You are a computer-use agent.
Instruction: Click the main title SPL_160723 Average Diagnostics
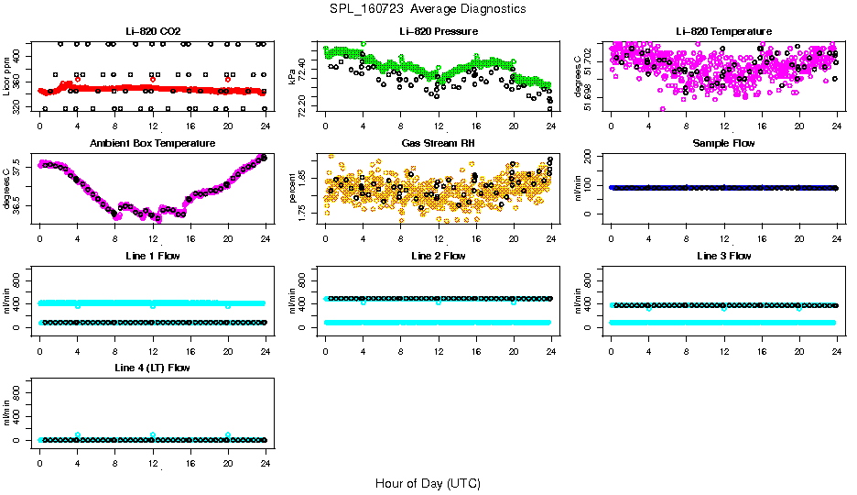click(x=428, y=8)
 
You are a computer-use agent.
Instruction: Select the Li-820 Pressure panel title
click(x=438, y=32)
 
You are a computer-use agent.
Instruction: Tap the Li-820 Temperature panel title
click(x=723, y=32)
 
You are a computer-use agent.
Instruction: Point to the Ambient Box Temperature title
click(x=152, y=144)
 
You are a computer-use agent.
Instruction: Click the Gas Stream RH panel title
click(x=438, y=144)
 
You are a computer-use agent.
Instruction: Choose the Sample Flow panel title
click(x=723, y=144)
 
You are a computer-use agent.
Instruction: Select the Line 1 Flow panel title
click(x=152, y=256)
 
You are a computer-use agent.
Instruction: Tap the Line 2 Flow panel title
click(x=438, y=256)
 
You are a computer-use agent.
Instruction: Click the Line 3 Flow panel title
click(x=723, y=256)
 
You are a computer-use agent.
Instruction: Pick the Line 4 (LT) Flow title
click(x=152, y=368)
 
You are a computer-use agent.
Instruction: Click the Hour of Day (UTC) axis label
click(x=428, y=483)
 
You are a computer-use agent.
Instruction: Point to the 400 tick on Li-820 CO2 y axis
click(x=21, y=56)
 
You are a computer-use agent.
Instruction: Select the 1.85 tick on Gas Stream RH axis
click(x=307, y=177)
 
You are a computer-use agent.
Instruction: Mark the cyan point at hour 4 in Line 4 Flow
click(x=78, y=434)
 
